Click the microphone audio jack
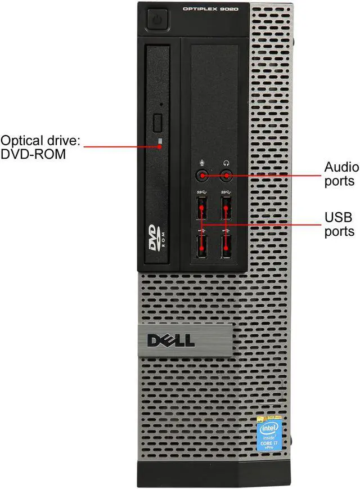tap(202, 176)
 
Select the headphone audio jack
tap(226, 176)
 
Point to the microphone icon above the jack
tap(202, 164)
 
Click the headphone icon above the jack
tap(226, 164)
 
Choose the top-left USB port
tap(202, 210)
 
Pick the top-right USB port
tap(226, 210)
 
